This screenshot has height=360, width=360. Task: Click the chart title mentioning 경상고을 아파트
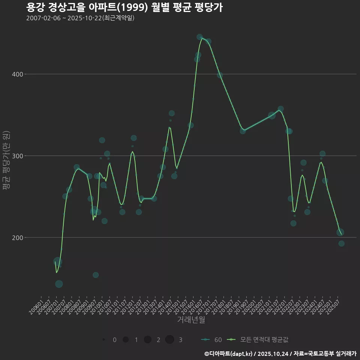coord(124,7)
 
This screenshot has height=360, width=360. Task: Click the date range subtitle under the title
coord(80,18)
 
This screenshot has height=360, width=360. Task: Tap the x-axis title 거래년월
coord(191,320)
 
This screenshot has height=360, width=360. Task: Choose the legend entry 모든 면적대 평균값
coord(259,340)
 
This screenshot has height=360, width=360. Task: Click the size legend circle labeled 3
coord(169,340)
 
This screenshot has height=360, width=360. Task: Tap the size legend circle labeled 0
coord(103,340)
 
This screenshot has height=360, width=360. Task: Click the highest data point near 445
coord(199,37)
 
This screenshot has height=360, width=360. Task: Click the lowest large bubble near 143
coord(59,284)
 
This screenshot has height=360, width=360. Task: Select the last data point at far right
coord(341,243)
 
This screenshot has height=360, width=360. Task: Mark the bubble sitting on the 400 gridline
coord(220,75)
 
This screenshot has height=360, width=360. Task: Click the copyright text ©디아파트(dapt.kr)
coord(228,354)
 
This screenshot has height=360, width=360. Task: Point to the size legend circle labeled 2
coord(147,340)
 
